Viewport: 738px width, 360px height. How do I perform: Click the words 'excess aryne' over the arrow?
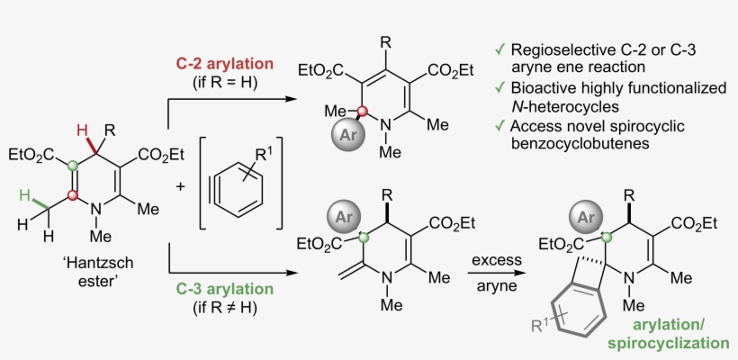click(x=494, y=270)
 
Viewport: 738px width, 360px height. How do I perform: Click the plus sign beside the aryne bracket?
click(x=180, y=187)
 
